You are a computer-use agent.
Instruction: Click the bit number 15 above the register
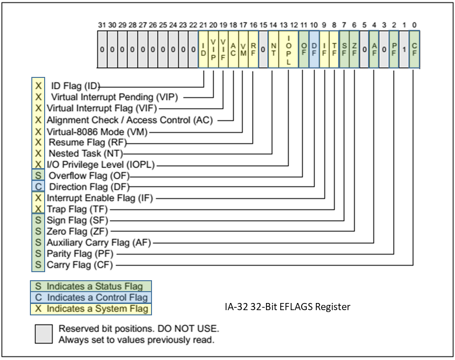[263, 24]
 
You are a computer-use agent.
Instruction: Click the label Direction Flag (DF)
[89, 187]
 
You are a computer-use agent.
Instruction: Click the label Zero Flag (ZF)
[77, 231]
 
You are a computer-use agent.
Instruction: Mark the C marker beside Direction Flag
[38, 187]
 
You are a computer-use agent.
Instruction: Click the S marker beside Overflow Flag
[38, 176]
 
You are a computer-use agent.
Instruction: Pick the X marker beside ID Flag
[38, 87]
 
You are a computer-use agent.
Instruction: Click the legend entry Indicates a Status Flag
[90, 286]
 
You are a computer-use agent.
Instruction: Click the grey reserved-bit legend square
[44, 334]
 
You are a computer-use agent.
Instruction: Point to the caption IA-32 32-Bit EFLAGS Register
[287, 307]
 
